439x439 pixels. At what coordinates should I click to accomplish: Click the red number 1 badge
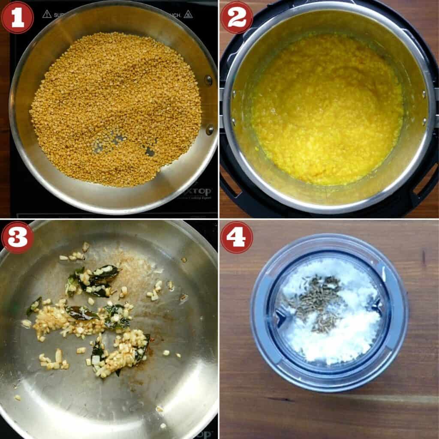pos(17,17)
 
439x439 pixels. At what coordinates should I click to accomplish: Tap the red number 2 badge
pos(236,17)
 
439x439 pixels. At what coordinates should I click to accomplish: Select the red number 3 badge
pos(17,237)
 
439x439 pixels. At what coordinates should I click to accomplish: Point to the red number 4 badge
pos(236,237)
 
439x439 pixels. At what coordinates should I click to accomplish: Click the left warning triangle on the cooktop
pos(47,14)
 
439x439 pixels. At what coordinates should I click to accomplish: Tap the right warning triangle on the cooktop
pos(188,14)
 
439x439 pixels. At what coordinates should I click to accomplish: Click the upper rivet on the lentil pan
pos(208,80)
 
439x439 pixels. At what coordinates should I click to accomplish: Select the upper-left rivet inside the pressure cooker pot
pos(234,93)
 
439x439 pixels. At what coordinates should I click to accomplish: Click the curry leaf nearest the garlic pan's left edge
pos(34,305)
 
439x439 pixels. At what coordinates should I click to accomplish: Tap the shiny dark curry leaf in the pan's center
pos(81,313)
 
